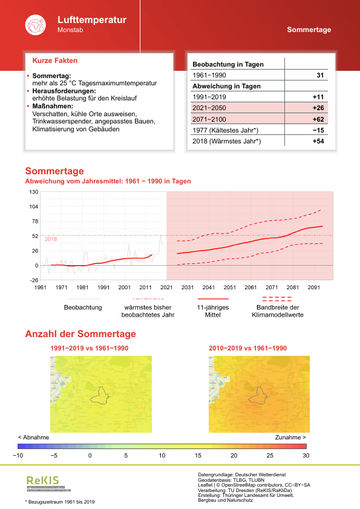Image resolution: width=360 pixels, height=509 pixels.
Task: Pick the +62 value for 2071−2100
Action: pyautogui.click(x=318, y=119)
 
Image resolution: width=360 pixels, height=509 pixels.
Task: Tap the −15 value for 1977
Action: pyautogui.click(x=319, y=130)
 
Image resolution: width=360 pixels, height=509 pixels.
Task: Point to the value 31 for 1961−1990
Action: pyautogui.click(x=321, y=75)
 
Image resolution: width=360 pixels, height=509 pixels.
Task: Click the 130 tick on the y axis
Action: pyautogui.click(x=33, y=192)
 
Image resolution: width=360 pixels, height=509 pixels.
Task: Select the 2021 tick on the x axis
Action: pyautogui.click(x=166, y=287)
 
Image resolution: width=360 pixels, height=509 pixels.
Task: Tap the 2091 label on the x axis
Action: pyautogui.click(x=314, y=287)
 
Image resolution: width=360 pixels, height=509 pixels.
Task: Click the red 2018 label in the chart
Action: pyautogui.click(x=50, y=239)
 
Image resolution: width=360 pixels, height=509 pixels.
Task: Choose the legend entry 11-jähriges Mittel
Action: pyautogui.click(x=213, y=310)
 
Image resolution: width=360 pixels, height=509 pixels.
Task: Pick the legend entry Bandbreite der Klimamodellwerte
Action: pyautogui.click(x=277, y=310)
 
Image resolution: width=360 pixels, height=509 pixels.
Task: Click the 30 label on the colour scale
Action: pyautogui.click(x=306, y=455)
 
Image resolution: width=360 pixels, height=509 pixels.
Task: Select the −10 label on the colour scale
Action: pyautogui.click(x=19, y=455)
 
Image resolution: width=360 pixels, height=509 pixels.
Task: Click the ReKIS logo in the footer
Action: pyautogui.click(x=43, y=481)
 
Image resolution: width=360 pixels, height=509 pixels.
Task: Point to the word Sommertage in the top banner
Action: pyautogui.click(x=309, y=30)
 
